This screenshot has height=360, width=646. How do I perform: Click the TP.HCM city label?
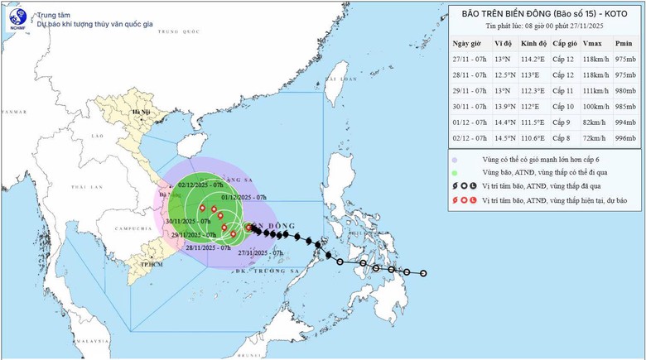point(150,263)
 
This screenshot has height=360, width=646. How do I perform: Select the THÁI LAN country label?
point(80,188)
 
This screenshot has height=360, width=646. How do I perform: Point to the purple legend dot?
point(455,159)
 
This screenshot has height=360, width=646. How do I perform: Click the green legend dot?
point(455,172)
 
